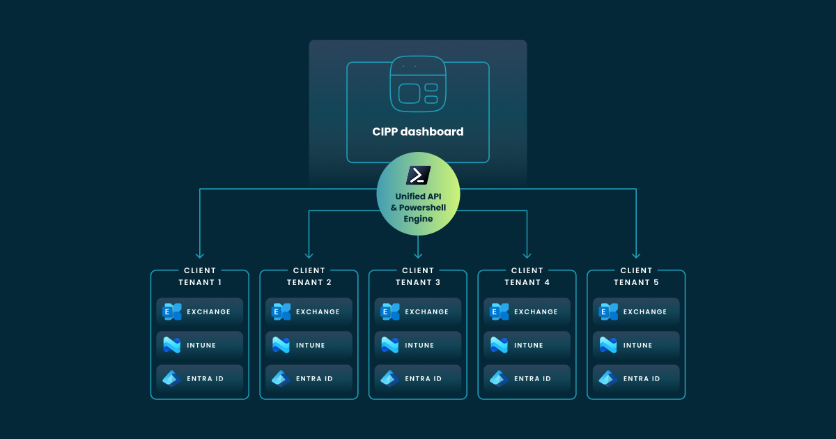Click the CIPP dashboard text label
417,131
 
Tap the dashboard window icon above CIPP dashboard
417,84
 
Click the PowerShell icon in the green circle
418,175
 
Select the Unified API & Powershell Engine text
418,208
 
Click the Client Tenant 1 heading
200,276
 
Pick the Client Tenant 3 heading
418,276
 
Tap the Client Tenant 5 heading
636,276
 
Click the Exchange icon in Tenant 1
172,311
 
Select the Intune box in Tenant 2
309,345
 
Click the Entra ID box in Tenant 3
418,378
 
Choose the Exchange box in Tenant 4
527,311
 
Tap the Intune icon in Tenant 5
608,345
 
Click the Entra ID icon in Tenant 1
172,378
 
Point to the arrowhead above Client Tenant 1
200,255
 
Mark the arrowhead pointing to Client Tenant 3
418,255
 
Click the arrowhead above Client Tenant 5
636,255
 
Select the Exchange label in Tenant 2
318,311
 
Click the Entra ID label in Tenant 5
642,378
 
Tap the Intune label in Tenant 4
529,345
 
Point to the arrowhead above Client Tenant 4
527,255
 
